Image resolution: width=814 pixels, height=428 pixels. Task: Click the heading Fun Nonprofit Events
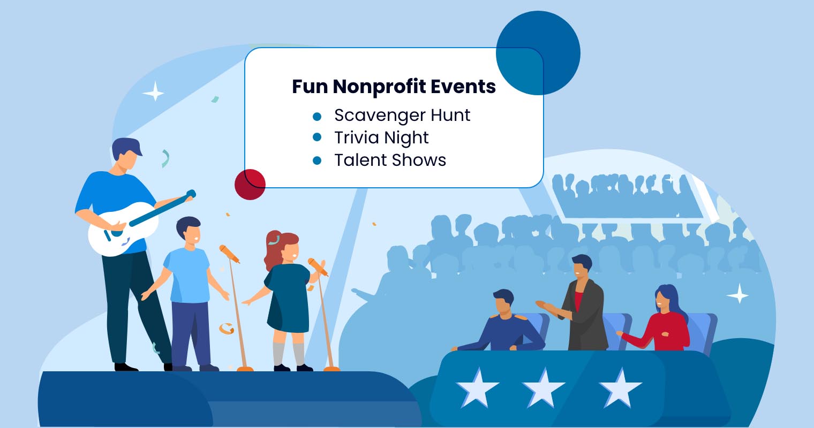point(394,87)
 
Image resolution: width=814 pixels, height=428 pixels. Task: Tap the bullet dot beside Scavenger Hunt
point(317,116)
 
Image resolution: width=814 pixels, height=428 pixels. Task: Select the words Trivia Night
point(381,138)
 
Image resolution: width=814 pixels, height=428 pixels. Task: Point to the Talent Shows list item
point(390,160)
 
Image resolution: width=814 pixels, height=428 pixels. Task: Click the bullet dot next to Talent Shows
point(317,160)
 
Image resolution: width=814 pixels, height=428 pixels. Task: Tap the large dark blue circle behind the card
point(538,52)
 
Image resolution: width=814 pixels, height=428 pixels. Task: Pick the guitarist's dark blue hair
point(126,147)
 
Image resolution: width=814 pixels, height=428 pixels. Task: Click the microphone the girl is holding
point(318,266)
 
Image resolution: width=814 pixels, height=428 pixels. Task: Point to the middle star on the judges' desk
point(544,386)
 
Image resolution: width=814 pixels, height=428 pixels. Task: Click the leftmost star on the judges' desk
point(477,386)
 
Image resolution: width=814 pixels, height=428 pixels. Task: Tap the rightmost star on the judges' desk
point(620,386)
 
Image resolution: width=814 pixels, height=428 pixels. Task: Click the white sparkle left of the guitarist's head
point(154,92)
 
